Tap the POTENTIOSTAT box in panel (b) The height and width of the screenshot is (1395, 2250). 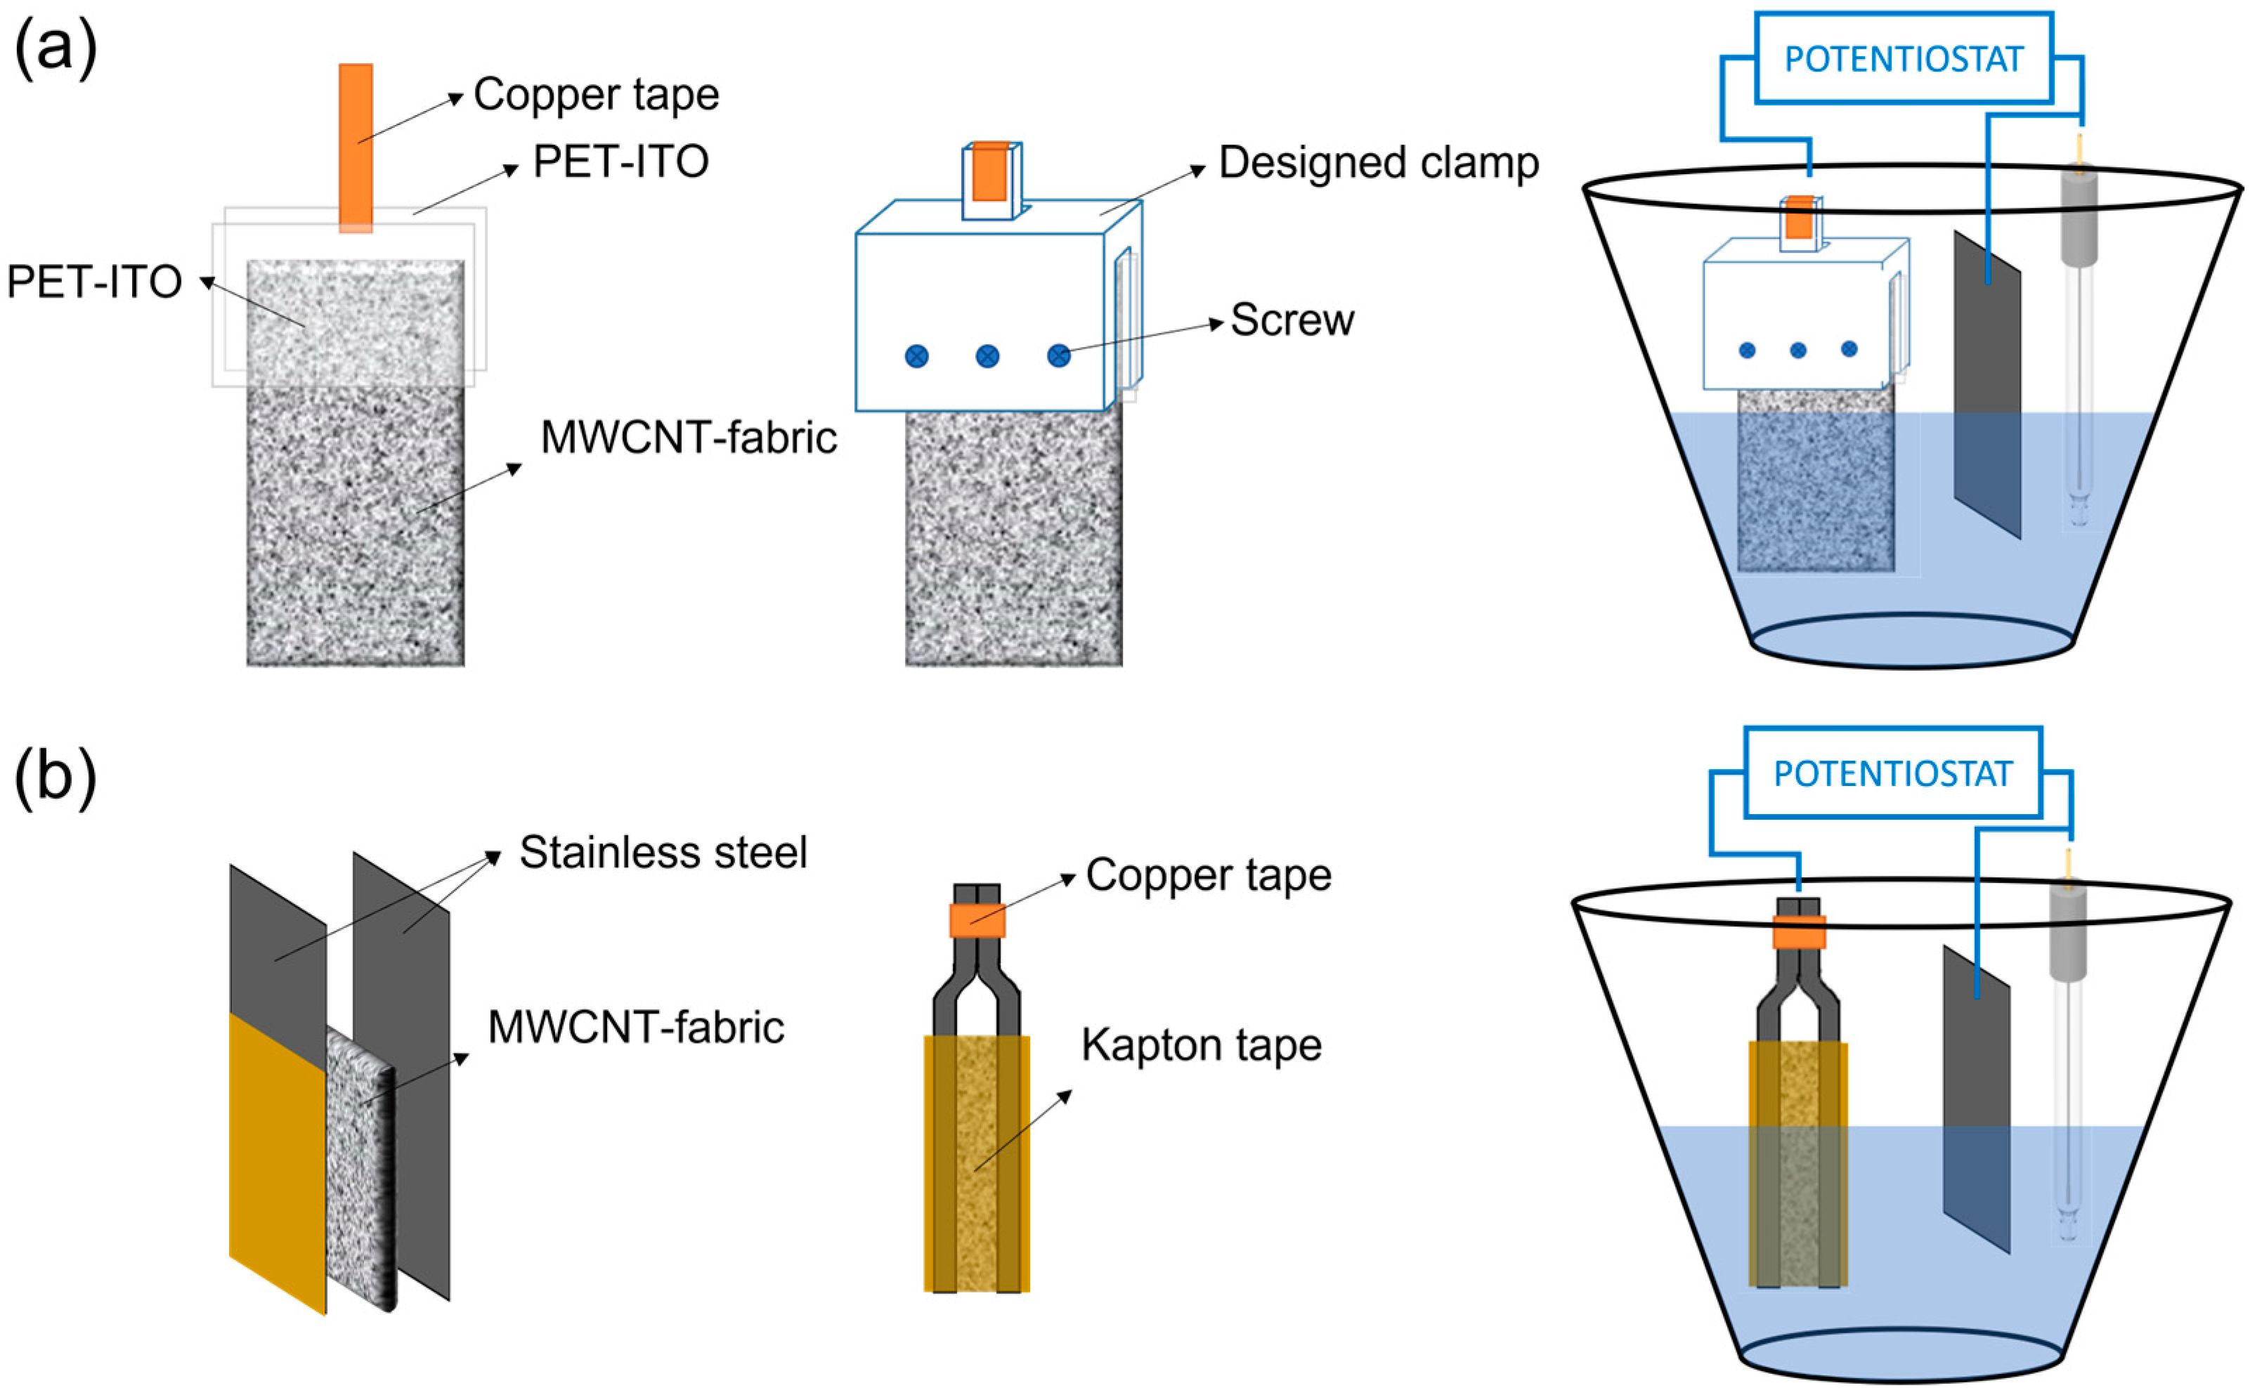[x=1891, y=773]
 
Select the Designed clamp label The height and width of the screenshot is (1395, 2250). [x=1378, y=163]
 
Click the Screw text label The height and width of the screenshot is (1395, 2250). [x=1292, y=320]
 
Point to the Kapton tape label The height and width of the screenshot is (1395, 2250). [x=1201, y=1045]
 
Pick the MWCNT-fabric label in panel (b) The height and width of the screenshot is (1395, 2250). [x=635, y=1027]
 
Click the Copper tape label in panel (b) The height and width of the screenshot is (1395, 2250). [x=1207, y=875]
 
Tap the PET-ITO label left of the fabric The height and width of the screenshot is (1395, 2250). [x=93, y=282]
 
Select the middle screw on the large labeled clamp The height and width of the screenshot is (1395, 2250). [x=987, y=356]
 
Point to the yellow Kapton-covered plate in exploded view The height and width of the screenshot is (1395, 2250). [x=277, y=1162]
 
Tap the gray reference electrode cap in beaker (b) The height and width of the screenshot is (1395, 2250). [x=2067, y=932]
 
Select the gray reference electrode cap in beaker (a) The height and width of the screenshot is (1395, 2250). [x=2079, y=217]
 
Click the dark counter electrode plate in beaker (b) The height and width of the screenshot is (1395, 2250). [x=1975, y=1098]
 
